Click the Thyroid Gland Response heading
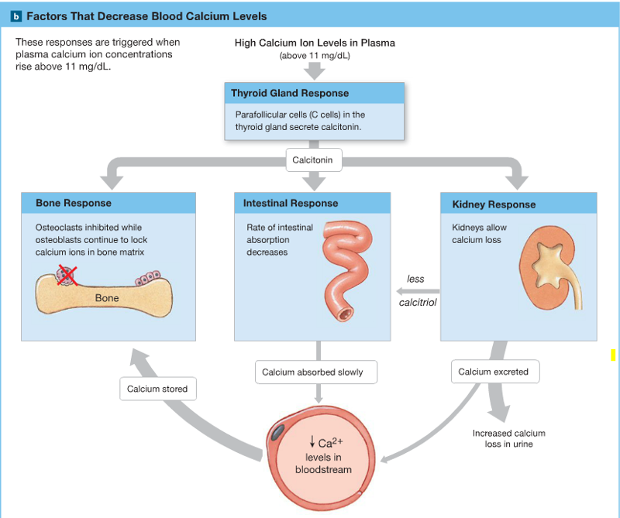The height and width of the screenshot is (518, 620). click(x=290, y=94)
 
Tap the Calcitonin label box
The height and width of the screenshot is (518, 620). click(x=313, y=160)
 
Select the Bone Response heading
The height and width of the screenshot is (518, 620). click(x=74, y=204)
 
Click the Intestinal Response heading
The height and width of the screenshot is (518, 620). click(x=291, y=204)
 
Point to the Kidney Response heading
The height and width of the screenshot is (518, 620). click(x=494, y=205)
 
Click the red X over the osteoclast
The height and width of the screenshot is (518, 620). click(x=65, y=274)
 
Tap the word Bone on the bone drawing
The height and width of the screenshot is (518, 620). click(x=107, y=298)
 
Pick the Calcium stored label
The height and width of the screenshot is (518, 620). click(x=157, y=389)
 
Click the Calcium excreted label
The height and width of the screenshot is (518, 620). click(x=493, y=372)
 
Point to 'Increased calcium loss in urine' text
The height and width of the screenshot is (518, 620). click(x=509, y=438)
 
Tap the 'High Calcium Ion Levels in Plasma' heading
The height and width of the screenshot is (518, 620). click(x=315, y=43)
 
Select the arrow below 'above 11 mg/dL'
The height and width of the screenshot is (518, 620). click(x=315, y=71)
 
